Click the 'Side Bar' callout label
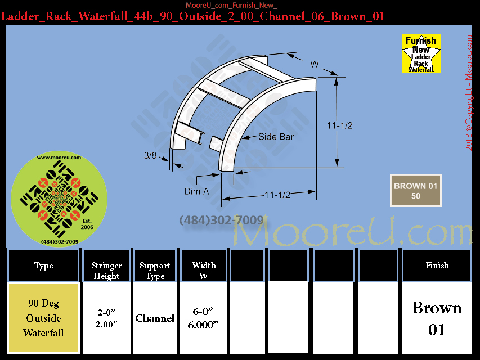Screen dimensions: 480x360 tap(276, 137)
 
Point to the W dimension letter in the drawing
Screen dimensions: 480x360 tap(315, 64)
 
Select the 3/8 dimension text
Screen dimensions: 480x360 tap(150, 155)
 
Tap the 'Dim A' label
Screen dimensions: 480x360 tap(196, 191)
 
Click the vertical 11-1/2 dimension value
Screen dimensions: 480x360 tap(340, 125)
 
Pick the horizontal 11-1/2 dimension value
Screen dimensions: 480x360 tap(277, 195)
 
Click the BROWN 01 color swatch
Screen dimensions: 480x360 tap(415, 191)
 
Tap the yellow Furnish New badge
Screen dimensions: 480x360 tap(421, 53)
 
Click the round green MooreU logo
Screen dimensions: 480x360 tap(59, 199)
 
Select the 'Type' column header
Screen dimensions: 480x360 tap(43, 265)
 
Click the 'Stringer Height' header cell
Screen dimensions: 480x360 tap(106, 265)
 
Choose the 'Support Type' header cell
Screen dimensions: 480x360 tap(155, 265)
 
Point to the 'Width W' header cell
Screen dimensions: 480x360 tap(204, 265)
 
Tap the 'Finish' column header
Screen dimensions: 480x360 tap(437, 265)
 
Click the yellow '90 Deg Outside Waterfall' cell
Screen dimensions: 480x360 tap(43, 318)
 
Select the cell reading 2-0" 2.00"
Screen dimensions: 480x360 tap(106, 318)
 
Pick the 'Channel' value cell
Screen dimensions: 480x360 tap(155, 318)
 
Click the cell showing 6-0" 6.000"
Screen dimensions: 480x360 tap(203, 318)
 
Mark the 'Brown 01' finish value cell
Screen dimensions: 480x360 tap(437, 318)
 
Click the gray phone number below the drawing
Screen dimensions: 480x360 tap(221, 220)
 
